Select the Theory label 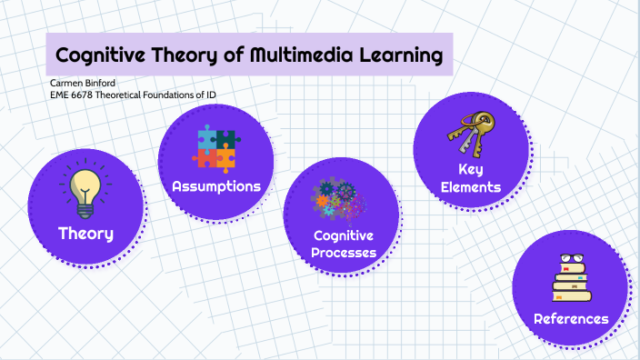click(85, 234)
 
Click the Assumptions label click(216, 186)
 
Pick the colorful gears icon click(337, 203)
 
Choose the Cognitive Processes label click(343, 244)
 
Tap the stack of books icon click(571, 280)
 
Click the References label click(571, 319)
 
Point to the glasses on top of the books click(570, 260)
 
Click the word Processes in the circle click(343, 253)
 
